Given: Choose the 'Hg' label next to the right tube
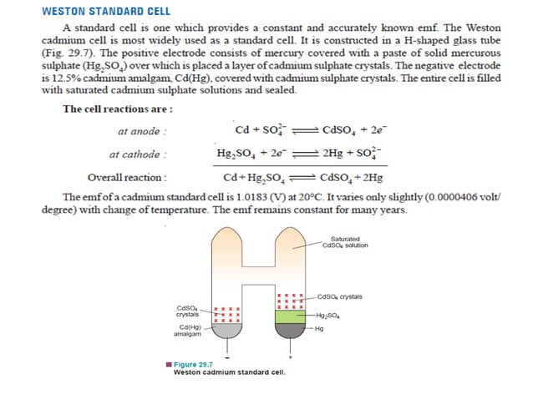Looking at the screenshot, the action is point(320,328).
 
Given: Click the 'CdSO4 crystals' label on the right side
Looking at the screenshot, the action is point(339,296).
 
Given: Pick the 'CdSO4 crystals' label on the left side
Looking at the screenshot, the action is point(188,311).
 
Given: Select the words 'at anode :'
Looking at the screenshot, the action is point(142,132).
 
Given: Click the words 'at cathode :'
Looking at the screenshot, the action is point(137,154).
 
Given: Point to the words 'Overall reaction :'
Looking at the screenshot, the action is point(126,177).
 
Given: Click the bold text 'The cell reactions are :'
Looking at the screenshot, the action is point(117,109).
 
